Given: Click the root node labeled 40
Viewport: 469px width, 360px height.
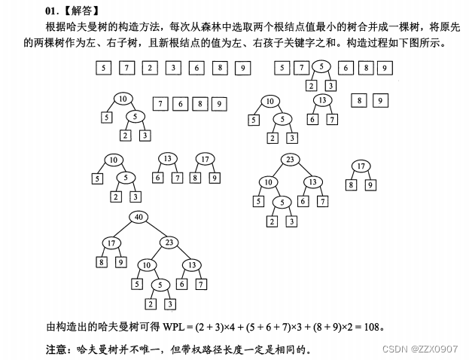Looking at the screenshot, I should click(139, 217).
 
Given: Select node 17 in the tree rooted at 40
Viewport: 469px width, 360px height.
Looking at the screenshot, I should click(111, 243).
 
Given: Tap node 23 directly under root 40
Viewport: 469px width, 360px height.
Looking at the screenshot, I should click(169, 243).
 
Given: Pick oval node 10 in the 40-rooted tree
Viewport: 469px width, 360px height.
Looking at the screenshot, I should click(148, 265).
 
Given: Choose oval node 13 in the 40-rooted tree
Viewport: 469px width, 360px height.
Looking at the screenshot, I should click(192, 265).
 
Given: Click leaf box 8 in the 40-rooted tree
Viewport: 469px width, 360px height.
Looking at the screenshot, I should click(102, 262).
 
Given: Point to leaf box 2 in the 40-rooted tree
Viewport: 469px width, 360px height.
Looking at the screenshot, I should click(151, 304).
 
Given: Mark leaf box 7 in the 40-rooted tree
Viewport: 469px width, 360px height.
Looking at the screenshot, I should click(201, 284).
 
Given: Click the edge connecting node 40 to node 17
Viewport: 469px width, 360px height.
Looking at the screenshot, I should click(124, 230).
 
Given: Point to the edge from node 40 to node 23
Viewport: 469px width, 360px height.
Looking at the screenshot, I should click(154, 230).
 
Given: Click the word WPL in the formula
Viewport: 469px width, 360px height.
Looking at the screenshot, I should click(173, 327).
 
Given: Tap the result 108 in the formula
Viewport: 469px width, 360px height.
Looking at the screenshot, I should click(372, 327).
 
